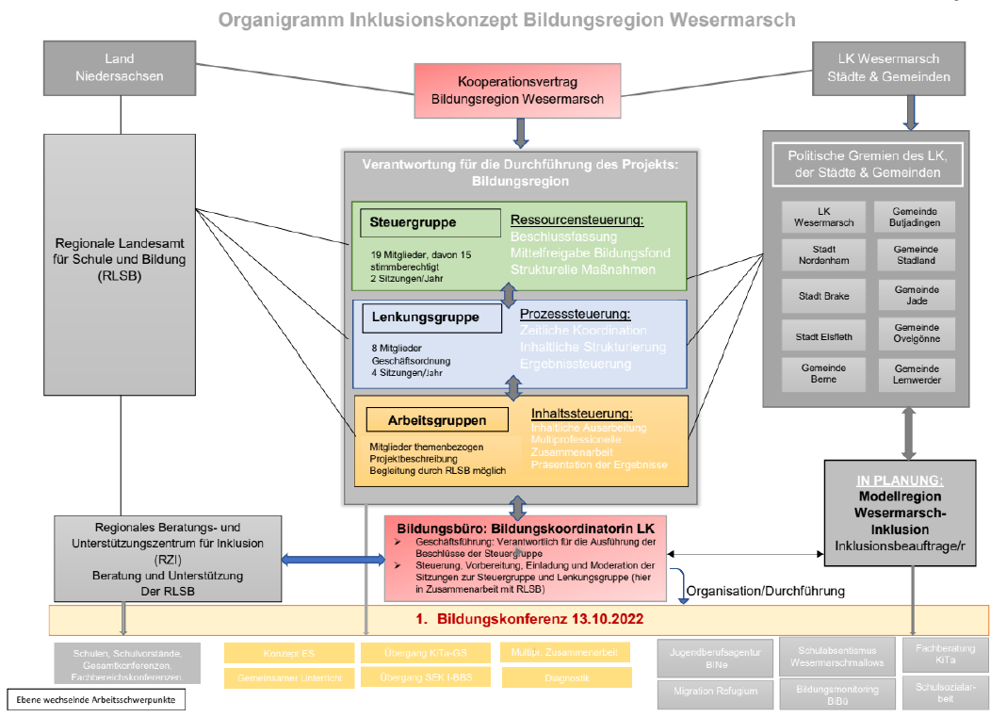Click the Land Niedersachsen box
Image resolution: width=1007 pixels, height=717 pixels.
point(120,68)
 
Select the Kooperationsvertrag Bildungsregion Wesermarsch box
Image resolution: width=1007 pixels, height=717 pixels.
point(517,90)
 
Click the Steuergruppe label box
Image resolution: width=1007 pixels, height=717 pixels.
point(430,223)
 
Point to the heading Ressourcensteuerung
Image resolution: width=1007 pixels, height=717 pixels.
point(577,220)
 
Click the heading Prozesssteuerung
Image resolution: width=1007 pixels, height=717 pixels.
point(575,314)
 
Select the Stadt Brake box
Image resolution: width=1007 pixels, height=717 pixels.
point(824,296)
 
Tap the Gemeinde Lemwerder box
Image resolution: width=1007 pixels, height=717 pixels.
point(915,374)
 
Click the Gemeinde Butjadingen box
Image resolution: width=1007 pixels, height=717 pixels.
point(915,217)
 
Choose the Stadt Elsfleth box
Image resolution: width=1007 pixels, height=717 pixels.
point(824,335)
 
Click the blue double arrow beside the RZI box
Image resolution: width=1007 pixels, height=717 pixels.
point(333,560)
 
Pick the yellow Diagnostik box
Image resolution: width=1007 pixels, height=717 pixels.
point(566,677)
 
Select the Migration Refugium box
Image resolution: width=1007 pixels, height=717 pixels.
point(715,692)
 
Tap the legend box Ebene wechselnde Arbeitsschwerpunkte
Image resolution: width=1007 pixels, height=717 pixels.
point(95,700)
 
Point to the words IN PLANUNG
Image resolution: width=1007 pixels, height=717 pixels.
point(900,481)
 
